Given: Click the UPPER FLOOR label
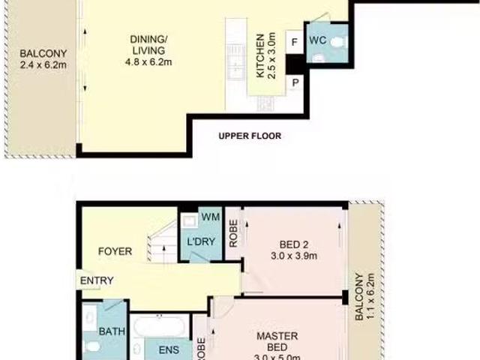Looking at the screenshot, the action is click(x=250, y=136).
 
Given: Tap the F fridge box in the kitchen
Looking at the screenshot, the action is click(x=295, y=42).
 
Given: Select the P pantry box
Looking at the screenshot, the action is click(x=295, y=83).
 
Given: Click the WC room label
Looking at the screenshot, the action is click(x=318, y=40).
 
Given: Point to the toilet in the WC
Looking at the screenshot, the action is click(x=340, y=42).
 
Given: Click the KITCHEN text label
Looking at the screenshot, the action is click(x=260, y=56).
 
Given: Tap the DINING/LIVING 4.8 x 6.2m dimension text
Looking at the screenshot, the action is click(x=148, y=62).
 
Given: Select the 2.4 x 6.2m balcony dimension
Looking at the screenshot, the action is click(x=43, y=65).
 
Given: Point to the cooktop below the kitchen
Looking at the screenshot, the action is click(x=265, y=103).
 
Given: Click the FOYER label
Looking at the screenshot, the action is click(x=115, y=251).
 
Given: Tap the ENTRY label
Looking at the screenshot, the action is click(x=97, y=280).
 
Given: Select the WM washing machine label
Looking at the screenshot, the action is click(x=211, y=217).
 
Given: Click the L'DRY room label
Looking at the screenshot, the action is click(x=201, y=241).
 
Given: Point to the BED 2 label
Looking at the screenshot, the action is click(x=294, y=244).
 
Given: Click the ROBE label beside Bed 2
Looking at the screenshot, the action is click(x=233, y=233).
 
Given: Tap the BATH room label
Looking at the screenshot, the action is click(x=112, y=331).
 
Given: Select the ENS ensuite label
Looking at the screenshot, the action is click(x=169, y=350).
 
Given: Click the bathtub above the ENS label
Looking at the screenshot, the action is click(x=159, y=326).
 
